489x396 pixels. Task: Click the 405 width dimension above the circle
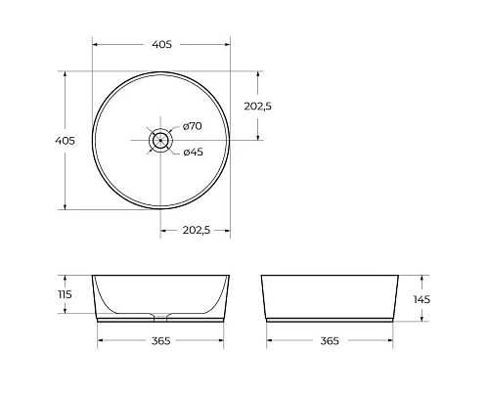[x=162, y=45]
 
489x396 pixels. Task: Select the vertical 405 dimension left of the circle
[x=66, y=141]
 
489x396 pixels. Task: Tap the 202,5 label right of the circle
[x=255, y=107]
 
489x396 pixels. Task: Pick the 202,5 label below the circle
[x=195, y=230]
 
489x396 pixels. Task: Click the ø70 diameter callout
[x=192, y=126]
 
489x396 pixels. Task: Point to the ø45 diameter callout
[x=193, y=152]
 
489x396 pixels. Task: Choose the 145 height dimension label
[x=422, y=299]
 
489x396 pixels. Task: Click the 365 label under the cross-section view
[x=161, y=341]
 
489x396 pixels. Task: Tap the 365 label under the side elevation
[x=330, y=341]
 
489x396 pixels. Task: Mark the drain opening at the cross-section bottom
[x=161, y=316]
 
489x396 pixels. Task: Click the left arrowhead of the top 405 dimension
[x=96, y=45]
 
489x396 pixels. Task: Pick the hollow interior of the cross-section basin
[x=161, y=293]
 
